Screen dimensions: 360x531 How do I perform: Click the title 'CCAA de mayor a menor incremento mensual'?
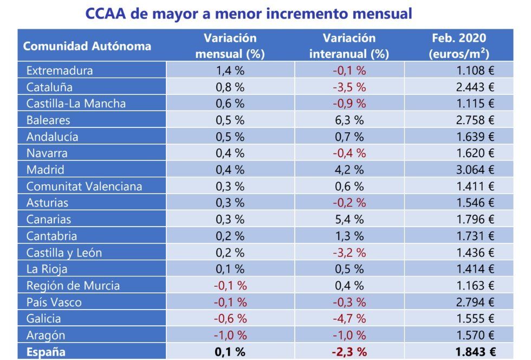click(x=249, y=13)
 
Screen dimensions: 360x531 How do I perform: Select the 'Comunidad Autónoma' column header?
click(x=87, y=46)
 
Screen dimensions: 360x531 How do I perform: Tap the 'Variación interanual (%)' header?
click(x=349, y=46)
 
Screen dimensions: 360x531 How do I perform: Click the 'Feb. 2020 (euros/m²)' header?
click(x=459, y=46)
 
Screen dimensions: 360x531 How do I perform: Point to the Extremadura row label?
click(x=60, y=70)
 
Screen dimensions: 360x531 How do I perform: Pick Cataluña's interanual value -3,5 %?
click(x=349, y=87)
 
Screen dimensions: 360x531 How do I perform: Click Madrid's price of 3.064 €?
click(x=475, y=170)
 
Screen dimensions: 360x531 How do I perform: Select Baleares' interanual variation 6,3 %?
click(x=349, y=120)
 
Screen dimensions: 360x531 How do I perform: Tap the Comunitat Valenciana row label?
click(x=84, y=187)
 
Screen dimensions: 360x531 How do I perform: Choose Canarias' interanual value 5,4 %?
click(x=349, y=220)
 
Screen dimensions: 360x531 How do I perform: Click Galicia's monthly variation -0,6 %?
click(x=230, y=319)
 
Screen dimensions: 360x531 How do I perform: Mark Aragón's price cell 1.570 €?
click(x=475, y=335)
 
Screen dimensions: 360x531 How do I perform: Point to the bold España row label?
click(x=46, y=352)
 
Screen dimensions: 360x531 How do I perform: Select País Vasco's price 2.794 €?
click(x=475, y=302)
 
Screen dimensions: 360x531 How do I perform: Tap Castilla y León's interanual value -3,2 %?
click(x=349, y=253)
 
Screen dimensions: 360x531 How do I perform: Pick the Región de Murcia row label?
click(x=73, y=286)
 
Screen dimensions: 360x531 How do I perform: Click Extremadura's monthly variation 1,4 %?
click(x=230, y=70)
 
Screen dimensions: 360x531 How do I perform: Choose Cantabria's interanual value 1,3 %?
click(x=349, y=236)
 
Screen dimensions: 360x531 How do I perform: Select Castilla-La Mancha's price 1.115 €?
click(x=475, y=104)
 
